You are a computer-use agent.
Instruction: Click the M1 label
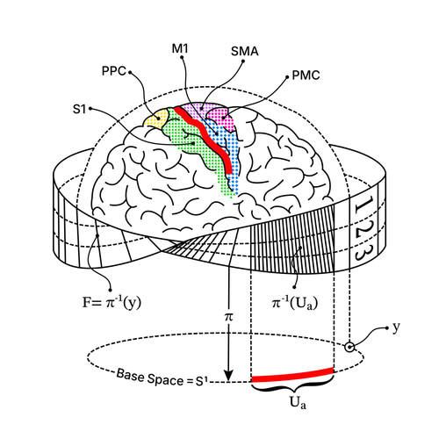point(180,48)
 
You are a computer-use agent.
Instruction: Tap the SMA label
point(245,51)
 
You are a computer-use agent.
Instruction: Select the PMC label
point(306,76)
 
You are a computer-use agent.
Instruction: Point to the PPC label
point(114,71)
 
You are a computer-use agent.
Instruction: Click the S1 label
point(80,109)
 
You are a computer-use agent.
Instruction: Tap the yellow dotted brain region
point(156,119)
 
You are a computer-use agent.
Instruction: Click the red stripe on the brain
point(205,138)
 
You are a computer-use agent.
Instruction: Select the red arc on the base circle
point(292,375)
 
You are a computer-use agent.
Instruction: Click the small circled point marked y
point(349,348)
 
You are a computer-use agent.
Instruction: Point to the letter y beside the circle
point(396,327)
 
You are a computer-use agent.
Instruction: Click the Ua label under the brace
point(298,403)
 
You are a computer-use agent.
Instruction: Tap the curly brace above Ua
point(292,387)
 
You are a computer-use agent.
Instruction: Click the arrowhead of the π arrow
point(228,376)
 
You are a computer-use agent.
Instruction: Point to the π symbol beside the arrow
point(229,316)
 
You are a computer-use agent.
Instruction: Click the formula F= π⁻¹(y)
point(112,302)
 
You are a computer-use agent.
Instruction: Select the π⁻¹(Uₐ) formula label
point(295,303)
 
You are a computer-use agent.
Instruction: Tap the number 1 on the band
point(363,205)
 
